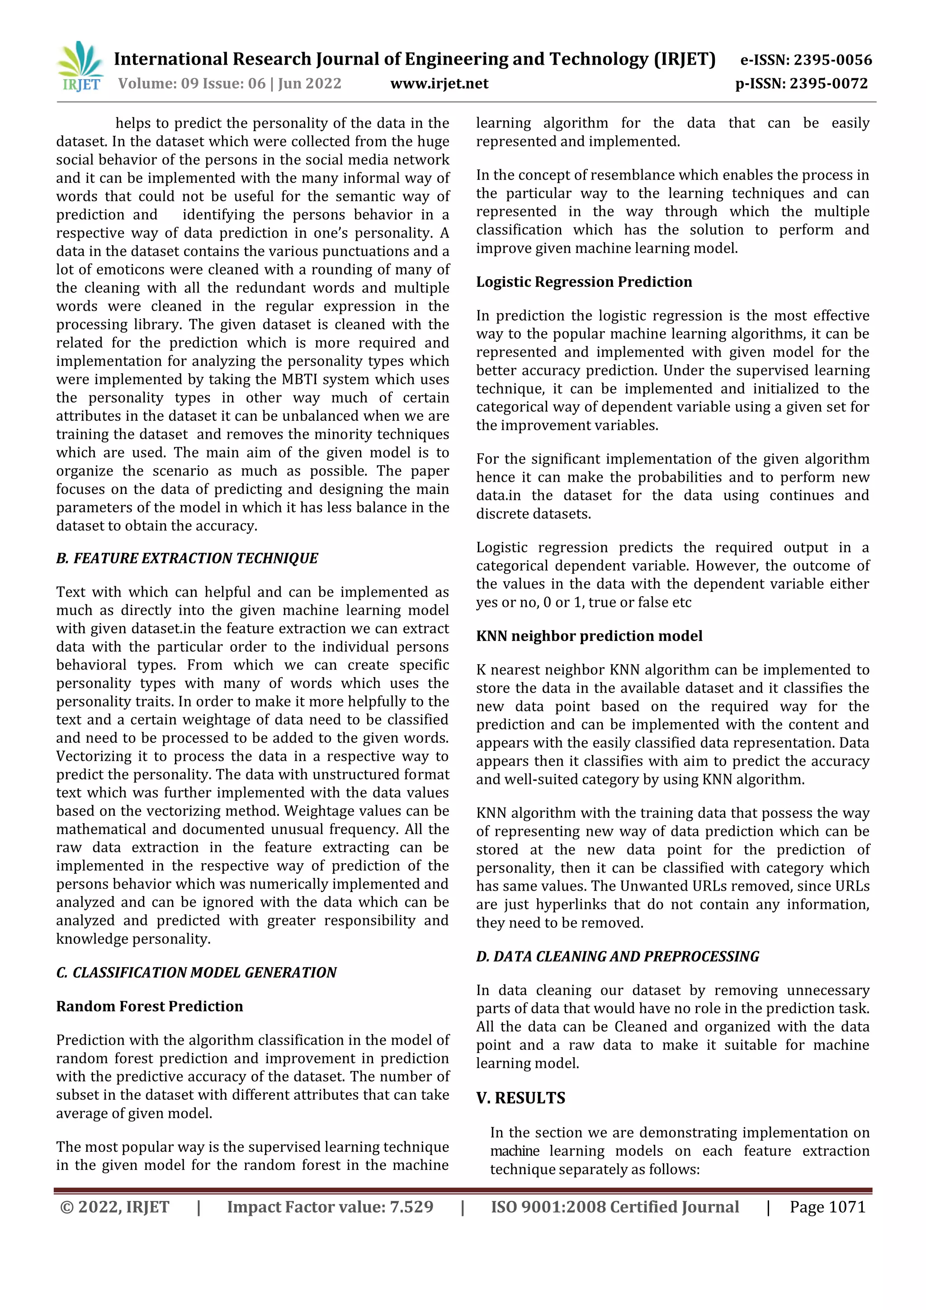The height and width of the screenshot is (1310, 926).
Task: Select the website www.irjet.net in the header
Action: pos(439,84)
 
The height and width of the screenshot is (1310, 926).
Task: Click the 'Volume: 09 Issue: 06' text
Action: pos(192,84)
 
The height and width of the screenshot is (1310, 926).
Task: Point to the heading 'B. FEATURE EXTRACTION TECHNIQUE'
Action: pos(187,558)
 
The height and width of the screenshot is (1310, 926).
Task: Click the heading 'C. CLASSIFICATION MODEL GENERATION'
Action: pos(196,972)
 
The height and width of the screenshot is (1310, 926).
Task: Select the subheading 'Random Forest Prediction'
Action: pos(149,1006)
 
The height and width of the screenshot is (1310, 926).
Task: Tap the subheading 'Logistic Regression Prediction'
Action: pos(584,282)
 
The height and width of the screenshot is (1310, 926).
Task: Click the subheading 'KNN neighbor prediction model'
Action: pos(589,636)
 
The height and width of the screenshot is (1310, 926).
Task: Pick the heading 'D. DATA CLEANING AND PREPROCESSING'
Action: pos(618,956)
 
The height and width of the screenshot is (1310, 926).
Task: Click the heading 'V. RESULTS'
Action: pos(520,1098)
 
